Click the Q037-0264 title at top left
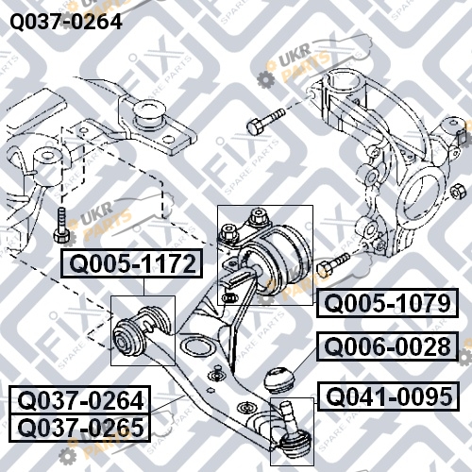click(66, 22)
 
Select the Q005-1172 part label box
click(131, 263)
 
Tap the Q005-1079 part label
click(387, 303)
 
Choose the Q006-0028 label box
click(387, 346)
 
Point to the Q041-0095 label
click(389, 396)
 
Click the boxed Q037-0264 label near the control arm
click(80, 400)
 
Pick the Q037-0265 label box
click(80, 428)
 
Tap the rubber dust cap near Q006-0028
click(278, 380)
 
